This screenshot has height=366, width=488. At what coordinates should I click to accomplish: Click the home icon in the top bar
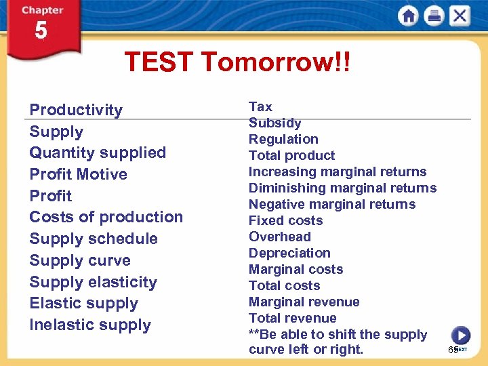click(x=409, y=16)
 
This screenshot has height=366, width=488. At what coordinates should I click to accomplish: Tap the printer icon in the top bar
click(x=434, y=16)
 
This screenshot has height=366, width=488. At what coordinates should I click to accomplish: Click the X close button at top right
click(x=460, y=16)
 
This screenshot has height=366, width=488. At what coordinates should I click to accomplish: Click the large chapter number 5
click(x=41, y=32)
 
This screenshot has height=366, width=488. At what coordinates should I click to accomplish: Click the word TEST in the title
click(x=159, y=63)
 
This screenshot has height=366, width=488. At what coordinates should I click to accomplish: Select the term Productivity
click(x=76, y=110)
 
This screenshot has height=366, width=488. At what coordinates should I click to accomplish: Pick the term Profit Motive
click(x=78, y=174)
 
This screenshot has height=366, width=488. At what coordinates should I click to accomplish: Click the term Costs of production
click(x=106, y=217)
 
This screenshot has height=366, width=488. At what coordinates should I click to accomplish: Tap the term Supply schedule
click(x=93, y=239)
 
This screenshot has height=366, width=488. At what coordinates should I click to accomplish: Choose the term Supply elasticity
click(x=93, y=282)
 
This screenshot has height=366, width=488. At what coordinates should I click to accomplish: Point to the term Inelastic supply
click(x=89, y=325)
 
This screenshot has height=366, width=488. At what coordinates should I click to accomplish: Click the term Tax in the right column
click(x=260, y=106)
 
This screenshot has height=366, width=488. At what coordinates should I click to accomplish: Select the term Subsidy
click(x=274, y=123)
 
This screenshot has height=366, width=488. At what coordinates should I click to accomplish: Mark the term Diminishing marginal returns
click(x=342, y=188)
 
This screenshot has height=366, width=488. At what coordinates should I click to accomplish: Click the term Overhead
click(x=279, y=237)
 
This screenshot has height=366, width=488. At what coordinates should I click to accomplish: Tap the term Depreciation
click(x=289, y=253)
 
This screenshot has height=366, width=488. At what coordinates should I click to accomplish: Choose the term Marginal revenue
click(x=304, y=302)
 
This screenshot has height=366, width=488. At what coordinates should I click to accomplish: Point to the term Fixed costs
click(x=285, y=220)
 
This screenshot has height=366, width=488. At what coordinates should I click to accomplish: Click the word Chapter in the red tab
click(x=42, y=10)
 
